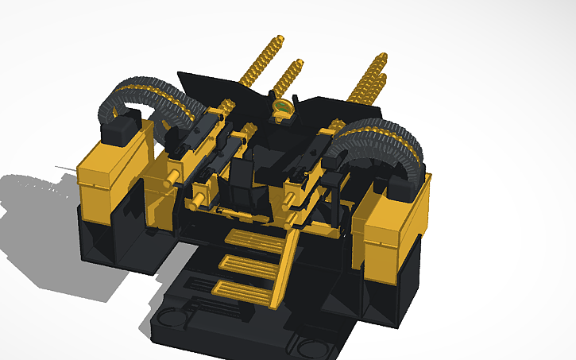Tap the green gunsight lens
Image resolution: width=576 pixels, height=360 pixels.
point(282,106)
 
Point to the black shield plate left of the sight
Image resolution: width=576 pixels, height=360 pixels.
point(210,87)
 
